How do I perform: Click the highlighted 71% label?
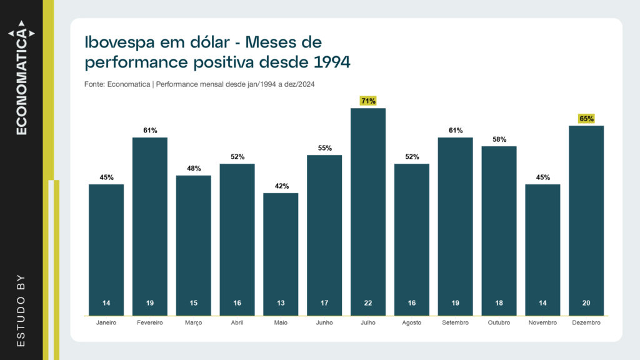tap(368, 101)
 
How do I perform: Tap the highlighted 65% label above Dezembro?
tap(586, 118)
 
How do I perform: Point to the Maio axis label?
tap(281, 322)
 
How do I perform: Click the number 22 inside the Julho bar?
tap(368, 303)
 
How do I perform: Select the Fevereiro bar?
tap(150, 226)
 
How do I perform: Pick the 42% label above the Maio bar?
tap(281, 186)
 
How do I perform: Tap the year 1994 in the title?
tap(331, 62)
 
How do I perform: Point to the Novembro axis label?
tap(542, 322)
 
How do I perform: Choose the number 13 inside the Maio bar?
tap(281, 303)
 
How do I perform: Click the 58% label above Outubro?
tap(499, 139)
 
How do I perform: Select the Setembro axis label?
tap(455, 322)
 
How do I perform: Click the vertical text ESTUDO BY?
tap(21, 310)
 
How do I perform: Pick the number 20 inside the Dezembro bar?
tap(586, 303)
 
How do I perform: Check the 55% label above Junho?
tap(324, 148)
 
